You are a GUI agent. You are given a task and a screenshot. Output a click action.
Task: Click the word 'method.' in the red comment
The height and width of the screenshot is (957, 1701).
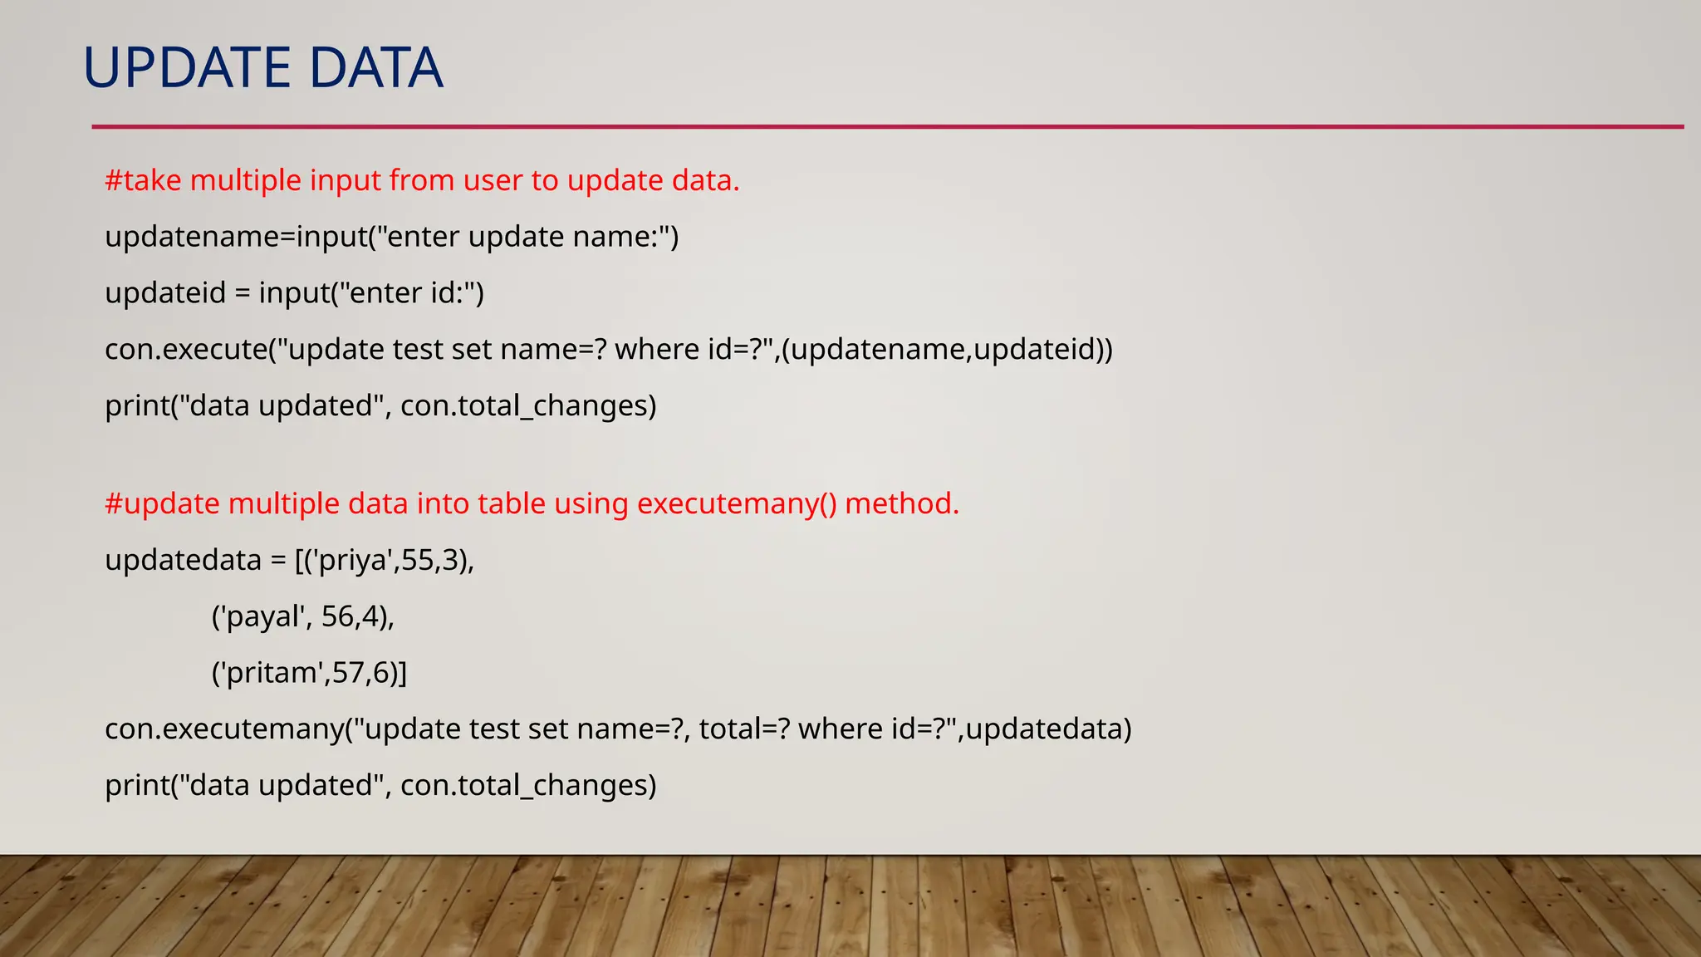pos(902,504)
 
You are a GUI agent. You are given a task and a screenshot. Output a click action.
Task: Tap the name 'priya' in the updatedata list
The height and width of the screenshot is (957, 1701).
pos(352,561)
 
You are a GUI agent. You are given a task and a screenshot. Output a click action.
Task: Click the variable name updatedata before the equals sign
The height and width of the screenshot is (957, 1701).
pos(183,561)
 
